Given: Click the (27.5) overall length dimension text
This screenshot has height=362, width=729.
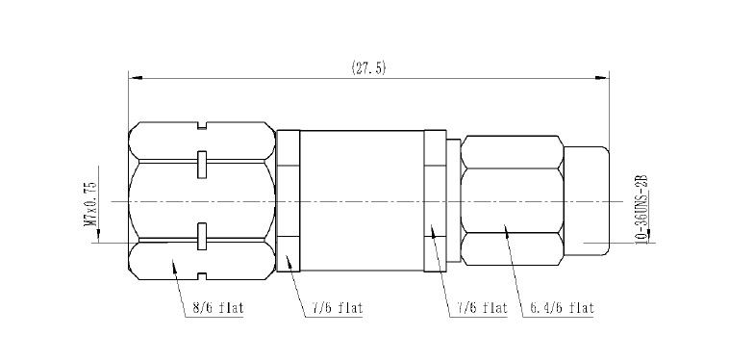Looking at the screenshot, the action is click(368, 68).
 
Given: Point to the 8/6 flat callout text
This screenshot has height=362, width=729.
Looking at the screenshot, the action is click(218, 308).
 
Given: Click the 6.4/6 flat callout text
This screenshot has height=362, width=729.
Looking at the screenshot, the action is click(562, 307).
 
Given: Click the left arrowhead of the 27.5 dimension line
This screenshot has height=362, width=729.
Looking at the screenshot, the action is click(135, 78).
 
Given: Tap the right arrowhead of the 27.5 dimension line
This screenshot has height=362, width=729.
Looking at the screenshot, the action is click(603, 78).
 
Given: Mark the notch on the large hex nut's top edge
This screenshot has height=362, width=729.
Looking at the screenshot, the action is click(202, 125).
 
